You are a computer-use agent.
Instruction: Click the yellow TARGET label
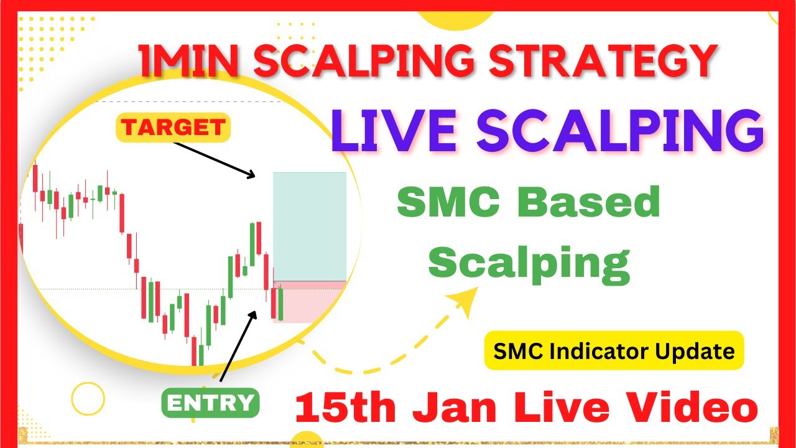coord(174,128)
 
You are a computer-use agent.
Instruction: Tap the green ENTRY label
coord(210,403)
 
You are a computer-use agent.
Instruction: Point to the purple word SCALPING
coord(616,133)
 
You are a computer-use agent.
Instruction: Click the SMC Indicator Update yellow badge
coord(614,351)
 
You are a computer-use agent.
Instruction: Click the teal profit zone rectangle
coord(309,226)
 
